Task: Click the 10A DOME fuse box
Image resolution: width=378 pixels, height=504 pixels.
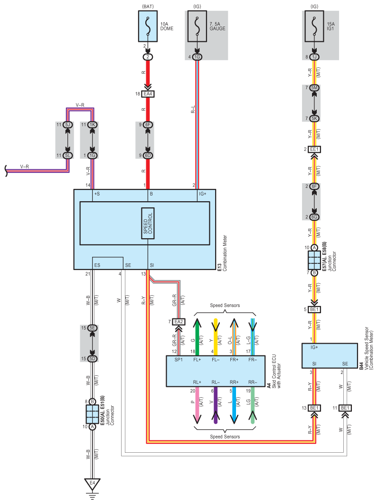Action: point(148,27)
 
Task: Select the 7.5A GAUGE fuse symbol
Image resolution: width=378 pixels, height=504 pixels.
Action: point(197,27)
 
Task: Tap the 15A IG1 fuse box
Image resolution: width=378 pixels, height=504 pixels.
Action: point(314,27)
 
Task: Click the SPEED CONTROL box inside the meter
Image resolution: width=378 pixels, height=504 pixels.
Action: point(148,224)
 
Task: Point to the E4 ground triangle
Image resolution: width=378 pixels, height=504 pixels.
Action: point(92,484)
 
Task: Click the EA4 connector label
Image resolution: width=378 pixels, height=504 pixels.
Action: point(148,94)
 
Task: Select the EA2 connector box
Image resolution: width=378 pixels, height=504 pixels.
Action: point(179,322)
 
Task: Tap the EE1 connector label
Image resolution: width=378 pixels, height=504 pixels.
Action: point(314,149)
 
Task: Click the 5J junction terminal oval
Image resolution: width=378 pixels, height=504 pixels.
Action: point(67,125)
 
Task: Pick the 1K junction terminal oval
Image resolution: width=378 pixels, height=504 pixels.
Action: point(92,125)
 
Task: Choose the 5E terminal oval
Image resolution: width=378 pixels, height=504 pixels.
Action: point(92,328)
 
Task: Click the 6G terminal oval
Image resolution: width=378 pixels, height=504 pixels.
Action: point(314,217)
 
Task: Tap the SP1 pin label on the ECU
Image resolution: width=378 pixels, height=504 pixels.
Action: point(179,360)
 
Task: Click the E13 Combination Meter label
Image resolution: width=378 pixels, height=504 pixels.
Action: point(222,253)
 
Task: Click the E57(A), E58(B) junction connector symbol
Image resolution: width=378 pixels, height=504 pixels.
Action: point(314,260)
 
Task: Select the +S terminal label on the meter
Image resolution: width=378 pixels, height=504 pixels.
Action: point(97,194)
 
